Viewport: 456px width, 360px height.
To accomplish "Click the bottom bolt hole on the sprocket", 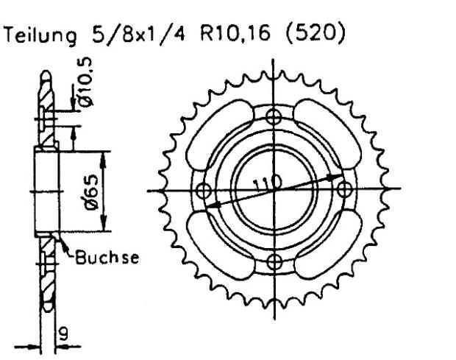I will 274,261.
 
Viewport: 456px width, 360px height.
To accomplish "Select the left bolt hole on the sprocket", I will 202,189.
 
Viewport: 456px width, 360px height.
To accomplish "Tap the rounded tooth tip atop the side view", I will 46,75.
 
